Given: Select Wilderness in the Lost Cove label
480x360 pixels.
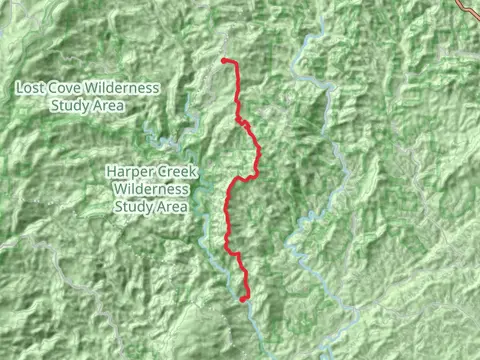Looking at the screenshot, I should click(122, 88).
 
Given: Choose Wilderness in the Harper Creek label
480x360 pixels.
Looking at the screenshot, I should click(151, 189).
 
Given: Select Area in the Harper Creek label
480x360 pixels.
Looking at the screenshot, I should click(170, 206).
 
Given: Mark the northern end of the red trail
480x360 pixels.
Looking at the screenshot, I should click(223, 61).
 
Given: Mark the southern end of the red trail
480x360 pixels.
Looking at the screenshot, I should click(244, 298).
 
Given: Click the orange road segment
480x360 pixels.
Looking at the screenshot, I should click(468, 5).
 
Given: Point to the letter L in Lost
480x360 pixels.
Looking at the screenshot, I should click(21, 88).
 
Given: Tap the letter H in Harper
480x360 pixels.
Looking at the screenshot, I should click(112, 173).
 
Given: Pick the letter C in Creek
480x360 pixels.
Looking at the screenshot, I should click(160, 173).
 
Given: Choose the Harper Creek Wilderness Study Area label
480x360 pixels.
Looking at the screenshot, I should click(151, 189).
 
